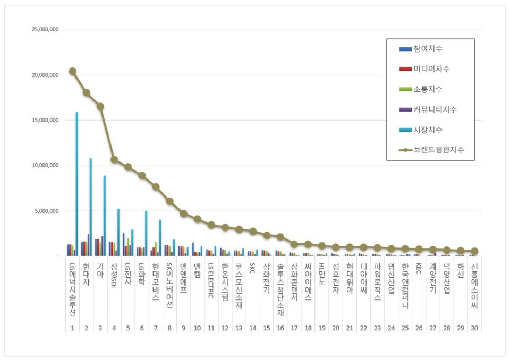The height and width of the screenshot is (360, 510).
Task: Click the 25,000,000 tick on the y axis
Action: click(x=45, y=30)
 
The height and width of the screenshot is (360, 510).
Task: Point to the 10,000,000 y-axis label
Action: click(x=45, y=166)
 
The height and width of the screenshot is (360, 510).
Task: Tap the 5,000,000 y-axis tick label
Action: click(x=46, y=211)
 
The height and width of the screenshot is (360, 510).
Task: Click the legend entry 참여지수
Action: click(x=428, y=49)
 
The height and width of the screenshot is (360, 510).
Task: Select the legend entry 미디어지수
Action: click(x=431, y=69)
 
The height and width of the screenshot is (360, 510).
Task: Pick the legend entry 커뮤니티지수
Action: click(x=435, y=109)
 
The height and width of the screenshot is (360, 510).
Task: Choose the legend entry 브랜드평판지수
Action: click(x=438, y=150)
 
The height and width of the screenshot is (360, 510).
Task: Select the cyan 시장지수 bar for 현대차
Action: click(x=90, y=207)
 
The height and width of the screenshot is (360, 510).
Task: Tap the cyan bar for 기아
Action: click(x=104, y=216)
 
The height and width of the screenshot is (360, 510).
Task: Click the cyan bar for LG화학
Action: click(x=146, y=234)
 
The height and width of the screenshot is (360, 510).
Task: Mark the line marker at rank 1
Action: click(x=72, y=71)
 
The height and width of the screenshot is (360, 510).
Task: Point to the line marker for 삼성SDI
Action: click(x=114, y=159)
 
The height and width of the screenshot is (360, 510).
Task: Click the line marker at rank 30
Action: click(x=474, y=251)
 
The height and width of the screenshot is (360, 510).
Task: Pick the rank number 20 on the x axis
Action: click(x=335, y=328)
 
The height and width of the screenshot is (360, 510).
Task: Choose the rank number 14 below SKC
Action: click(x=252, y=328)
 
